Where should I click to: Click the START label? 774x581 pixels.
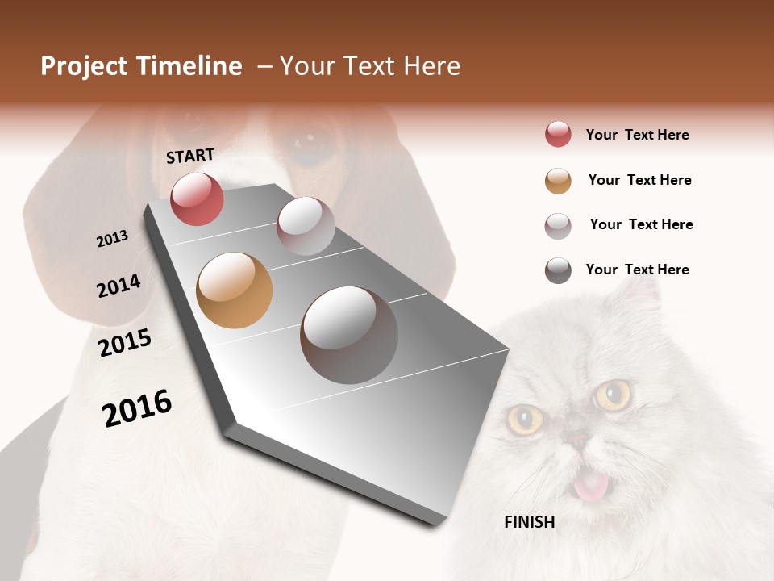tap(190, 156)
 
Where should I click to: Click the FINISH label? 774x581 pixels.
tap(529, 522)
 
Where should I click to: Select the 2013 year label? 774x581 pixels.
tap(112, 238)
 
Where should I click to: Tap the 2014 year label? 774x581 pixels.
tap(119, 286)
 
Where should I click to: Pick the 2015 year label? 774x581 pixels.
tap(125, 343)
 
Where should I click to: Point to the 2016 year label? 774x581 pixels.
tap(137, 408)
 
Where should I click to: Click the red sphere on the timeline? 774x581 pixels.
tap(197, 199)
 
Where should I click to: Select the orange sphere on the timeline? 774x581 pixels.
tap(234, 290)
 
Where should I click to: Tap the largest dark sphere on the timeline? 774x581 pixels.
tap(349, 335)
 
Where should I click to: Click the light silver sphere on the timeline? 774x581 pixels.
tap(306, 226)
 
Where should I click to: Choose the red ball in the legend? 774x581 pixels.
tap(558, 134)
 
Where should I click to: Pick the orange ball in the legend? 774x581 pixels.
tap(558, 180)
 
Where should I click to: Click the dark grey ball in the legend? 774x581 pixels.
tap(558, 270)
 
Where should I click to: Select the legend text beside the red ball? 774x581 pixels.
tap(637, 135)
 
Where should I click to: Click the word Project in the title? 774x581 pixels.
tap(85, 66)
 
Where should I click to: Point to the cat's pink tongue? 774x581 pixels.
tap(590, 486)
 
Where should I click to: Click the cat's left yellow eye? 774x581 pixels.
tap(525, 420)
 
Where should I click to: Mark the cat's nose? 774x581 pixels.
tap(578, 440)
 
